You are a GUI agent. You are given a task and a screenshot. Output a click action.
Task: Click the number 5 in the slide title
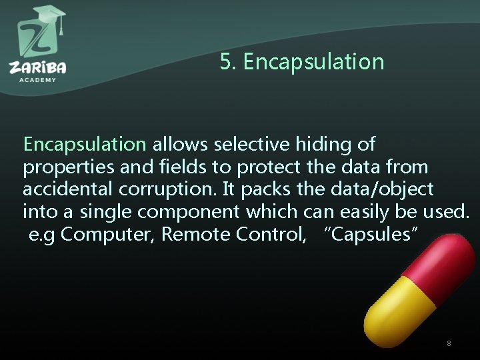225,63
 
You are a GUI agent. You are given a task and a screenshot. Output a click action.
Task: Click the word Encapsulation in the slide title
313,63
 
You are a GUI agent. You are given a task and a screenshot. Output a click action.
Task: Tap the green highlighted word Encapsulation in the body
85,144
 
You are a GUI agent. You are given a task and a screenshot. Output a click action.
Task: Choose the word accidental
69,189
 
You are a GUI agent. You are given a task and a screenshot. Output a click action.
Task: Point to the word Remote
195,235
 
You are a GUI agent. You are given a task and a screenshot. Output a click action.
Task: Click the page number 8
449,343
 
